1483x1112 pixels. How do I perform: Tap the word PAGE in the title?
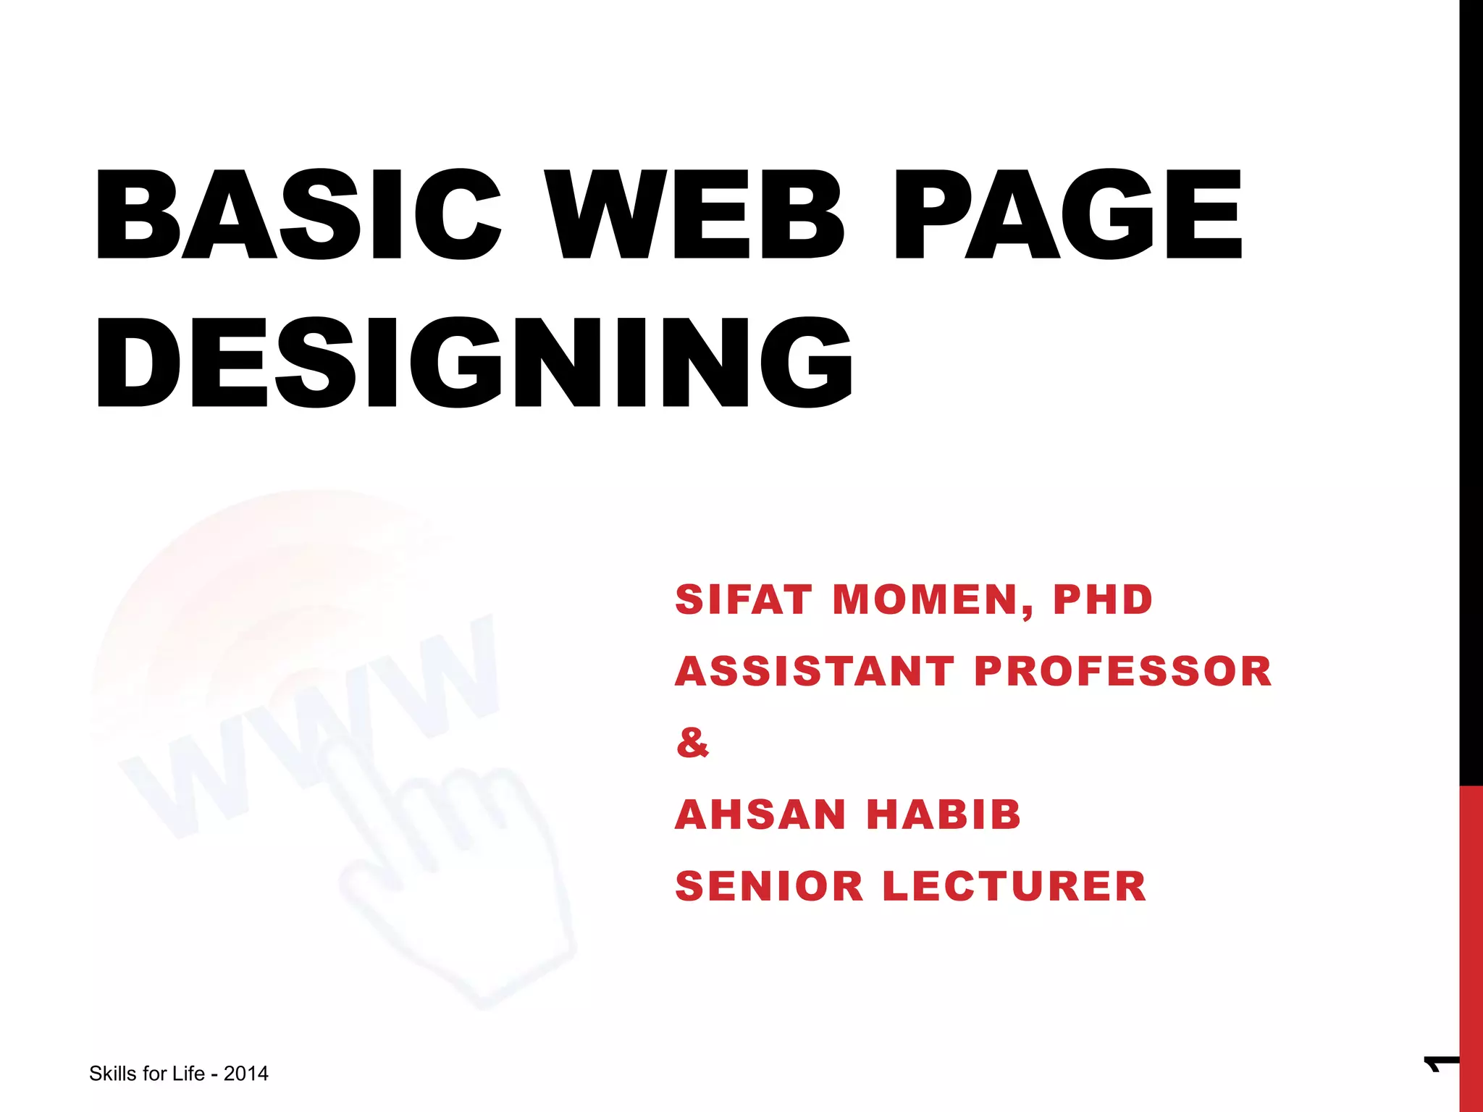(x=1067, y=214)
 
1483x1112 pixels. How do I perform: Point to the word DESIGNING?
(x=474, y=363)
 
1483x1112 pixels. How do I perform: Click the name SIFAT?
(x=743, y=600)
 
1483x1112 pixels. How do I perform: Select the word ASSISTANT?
(x=815, y=671)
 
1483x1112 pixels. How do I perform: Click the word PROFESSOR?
(x=1123, y=671)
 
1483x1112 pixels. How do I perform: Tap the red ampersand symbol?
(x=692, y=743)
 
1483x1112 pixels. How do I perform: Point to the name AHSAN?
(x=760, y=814)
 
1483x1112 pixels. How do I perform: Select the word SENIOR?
(x=770, y=886)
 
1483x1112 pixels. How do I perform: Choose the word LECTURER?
(x=1014, y=886)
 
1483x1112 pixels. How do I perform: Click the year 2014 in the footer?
(x=246, y=1074)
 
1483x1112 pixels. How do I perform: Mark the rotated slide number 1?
(x=1440, y=1065)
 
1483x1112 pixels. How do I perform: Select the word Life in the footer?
(x=188, y=1074)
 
